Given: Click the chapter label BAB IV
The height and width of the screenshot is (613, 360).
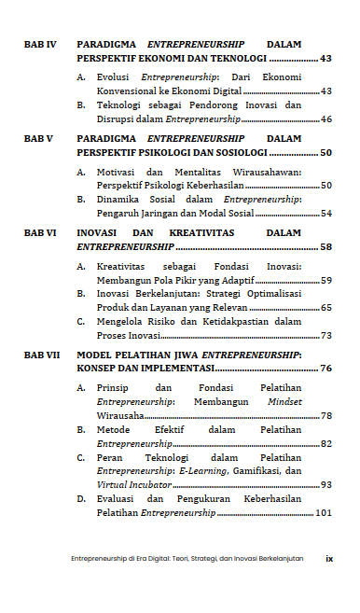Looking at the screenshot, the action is click(40, 44).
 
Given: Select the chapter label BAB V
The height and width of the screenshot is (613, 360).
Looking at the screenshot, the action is click(38, 137).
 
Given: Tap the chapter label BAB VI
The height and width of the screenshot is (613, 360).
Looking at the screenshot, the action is click(40, 230).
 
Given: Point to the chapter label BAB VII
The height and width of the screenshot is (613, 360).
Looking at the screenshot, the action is click(42, 355).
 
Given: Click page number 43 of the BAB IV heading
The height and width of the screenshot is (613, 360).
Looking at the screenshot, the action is click(325, 58).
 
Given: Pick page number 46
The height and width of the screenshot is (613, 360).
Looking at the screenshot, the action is click(325, 119).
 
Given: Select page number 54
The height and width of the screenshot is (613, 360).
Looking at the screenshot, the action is click(325, 214).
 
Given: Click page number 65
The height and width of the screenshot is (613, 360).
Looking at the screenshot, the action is click(325, 307).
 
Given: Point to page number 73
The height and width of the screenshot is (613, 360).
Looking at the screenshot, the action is click(325, 336).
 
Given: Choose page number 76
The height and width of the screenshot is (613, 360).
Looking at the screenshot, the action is click(325, 369).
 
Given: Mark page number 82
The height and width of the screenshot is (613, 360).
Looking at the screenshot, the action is click(325, 443).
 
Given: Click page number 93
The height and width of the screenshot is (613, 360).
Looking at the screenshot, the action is click(325, 485).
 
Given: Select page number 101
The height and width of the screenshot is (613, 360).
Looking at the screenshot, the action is click(324, 512).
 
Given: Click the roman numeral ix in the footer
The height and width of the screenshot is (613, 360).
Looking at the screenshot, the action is click(329, 559).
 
